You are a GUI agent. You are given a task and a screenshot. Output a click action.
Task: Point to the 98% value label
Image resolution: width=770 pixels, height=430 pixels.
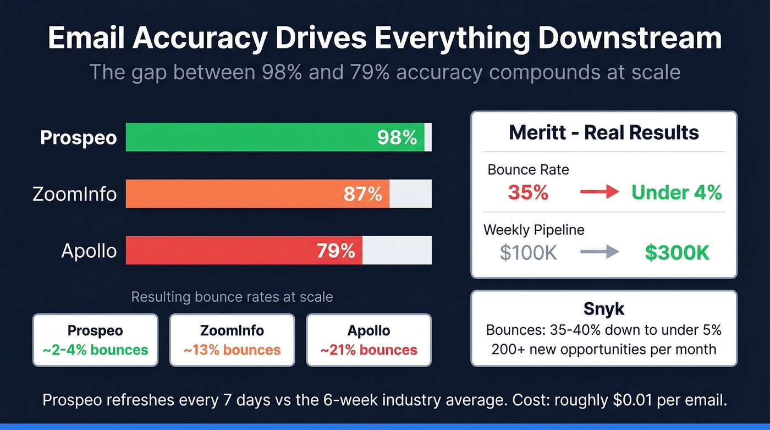click(x=397, y=138)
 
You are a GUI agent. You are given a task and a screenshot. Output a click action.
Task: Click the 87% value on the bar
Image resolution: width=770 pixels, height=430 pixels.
click(x=362, y=194)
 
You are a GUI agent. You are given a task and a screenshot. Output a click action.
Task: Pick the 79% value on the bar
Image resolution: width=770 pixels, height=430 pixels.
click(x=335, y=251)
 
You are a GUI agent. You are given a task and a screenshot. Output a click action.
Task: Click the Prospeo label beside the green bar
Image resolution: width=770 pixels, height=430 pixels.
click(x=78, y=138)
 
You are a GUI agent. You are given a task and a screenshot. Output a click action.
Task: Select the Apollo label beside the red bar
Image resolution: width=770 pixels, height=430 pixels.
click(x=89, y=251)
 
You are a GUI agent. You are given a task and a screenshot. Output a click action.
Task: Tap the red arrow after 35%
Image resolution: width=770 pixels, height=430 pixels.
click(x=599, y=192)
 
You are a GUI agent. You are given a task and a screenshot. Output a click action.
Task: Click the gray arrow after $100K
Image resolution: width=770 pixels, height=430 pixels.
click(x=599, y=252)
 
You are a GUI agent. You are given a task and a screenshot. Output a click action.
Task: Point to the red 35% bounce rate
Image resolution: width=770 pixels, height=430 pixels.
click(x=528, y=192)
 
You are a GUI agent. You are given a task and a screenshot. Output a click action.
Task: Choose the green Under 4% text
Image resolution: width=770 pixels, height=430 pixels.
click(x=676, y=192)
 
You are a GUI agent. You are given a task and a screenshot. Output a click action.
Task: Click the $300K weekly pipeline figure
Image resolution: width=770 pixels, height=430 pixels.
click(x=677, y=252)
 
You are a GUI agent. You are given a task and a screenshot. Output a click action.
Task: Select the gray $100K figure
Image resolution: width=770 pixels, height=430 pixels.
click(x=529, y=252)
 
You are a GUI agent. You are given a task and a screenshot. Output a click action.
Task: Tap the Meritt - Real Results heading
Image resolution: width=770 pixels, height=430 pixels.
click(x=604, y=133)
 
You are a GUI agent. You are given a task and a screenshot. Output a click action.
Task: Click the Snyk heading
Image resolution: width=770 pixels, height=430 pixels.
click(x=604, y=308)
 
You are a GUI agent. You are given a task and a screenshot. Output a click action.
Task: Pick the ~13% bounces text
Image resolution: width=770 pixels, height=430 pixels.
click(x=232, y=350)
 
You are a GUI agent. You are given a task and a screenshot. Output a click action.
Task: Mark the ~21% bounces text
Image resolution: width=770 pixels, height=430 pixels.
click(x=369, y=350)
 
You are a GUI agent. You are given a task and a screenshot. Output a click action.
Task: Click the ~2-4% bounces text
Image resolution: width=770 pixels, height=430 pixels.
click(x=95, y=350)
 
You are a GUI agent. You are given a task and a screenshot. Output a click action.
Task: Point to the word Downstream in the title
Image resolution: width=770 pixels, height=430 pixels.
click(x=630, y=39)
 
